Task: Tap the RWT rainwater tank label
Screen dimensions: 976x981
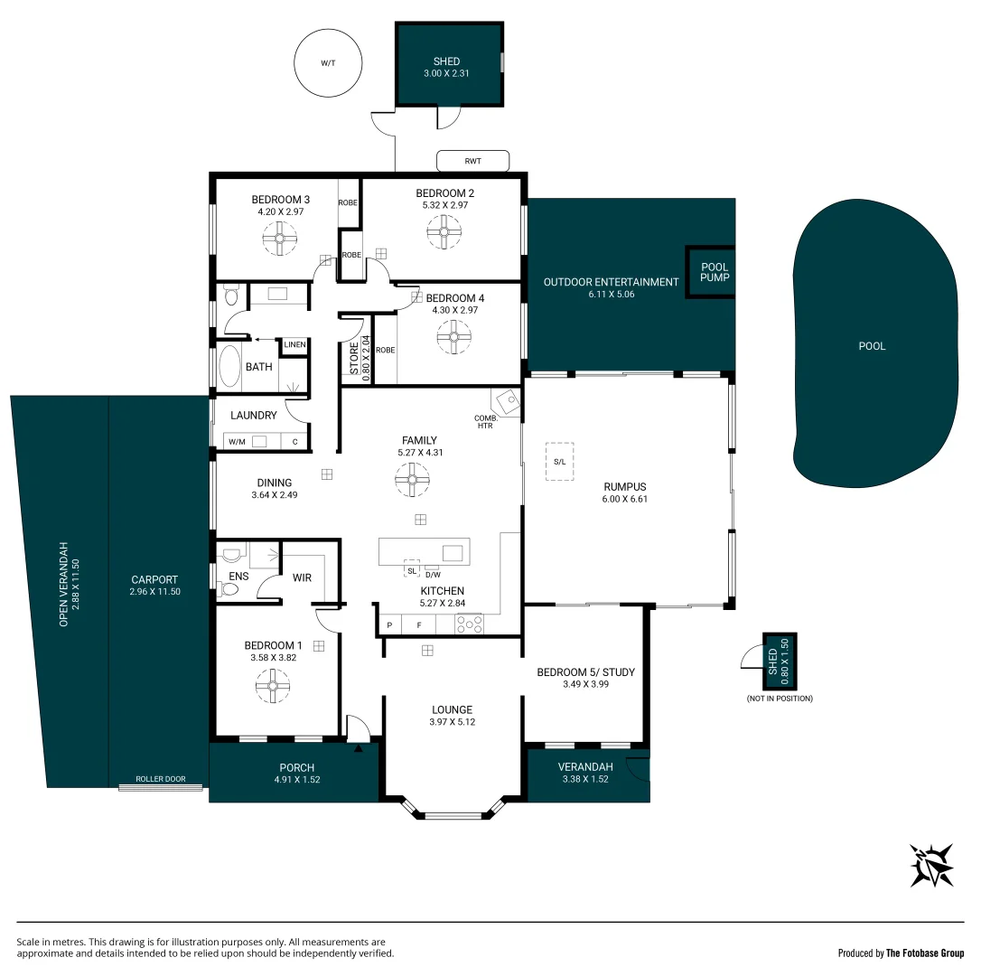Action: [472, 162]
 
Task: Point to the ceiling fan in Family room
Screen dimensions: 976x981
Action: [413, 480]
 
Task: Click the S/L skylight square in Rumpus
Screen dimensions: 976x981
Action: [559, 461]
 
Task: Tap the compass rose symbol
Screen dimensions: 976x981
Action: [931, 865]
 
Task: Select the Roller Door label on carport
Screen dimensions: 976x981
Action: [160, 779]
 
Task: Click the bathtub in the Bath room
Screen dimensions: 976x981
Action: [229, 367]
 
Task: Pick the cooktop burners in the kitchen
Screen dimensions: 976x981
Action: [470, 624]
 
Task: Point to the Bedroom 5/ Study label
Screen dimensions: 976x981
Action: [585, 672]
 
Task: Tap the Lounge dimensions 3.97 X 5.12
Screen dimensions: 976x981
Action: [452, 722]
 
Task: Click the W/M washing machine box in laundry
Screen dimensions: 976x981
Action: [237, 442]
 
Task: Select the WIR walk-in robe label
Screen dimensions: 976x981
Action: [302, 577]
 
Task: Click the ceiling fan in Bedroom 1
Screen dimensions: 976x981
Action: [271, 687]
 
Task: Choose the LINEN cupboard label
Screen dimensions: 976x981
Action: [294, 345]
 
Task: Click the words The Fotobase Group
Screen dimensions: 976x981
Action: [925, 953]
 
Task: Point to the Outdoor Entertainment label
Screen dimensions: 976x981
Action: [611, 282]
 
